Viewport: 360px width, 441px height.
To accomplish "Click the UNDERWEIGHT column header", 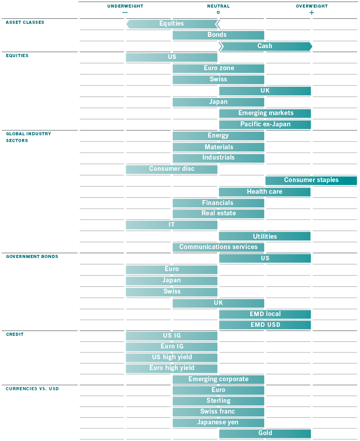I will (125, 6).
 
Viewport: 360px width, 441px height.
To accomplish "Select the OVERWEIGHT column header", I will (311, 6).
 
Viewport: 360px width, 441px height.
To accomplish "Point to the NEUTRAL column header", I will (218, 6).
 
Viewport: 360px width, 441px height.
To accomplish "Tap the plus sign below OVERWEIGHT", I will (312, 13).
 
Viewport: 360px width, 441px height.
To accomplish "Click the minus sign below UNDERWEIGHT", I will (125, 13).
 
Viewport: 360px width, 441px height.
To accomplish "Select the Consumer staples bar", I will (311, 180).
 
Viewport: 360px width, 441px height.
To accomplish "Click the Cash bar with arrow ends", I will (265, 46).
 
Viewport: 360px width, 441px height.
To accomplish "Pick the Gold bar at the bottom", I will (265, 433).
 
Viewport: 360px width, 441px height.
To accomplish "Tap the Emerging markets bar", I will (265, 113).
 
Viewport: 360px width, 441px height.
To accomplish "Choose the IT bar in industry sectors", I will (171, 225).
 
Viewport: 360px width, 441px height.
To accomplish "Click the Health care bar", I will (265, 192).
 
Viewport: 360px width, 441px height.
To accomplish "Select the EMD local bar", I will (265, 314).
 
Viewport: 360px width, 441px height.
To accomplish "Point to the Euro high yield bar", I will (171, 368).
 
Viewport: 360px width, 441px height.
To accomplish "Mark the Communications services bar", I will (218, 247).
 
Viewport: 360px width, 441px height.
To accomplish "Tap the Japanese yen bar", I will (218, 423).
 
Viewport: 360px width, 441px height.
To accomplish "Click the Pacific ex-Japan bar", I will (265, 125).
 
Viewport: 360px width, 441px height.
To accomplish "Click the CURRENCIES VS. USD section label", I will (32, 389).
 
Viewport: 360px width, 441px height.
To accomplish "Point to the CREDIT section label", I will (14, 334).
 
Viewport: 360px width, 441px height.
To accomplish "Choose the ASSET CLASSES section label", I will (25, 22).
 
